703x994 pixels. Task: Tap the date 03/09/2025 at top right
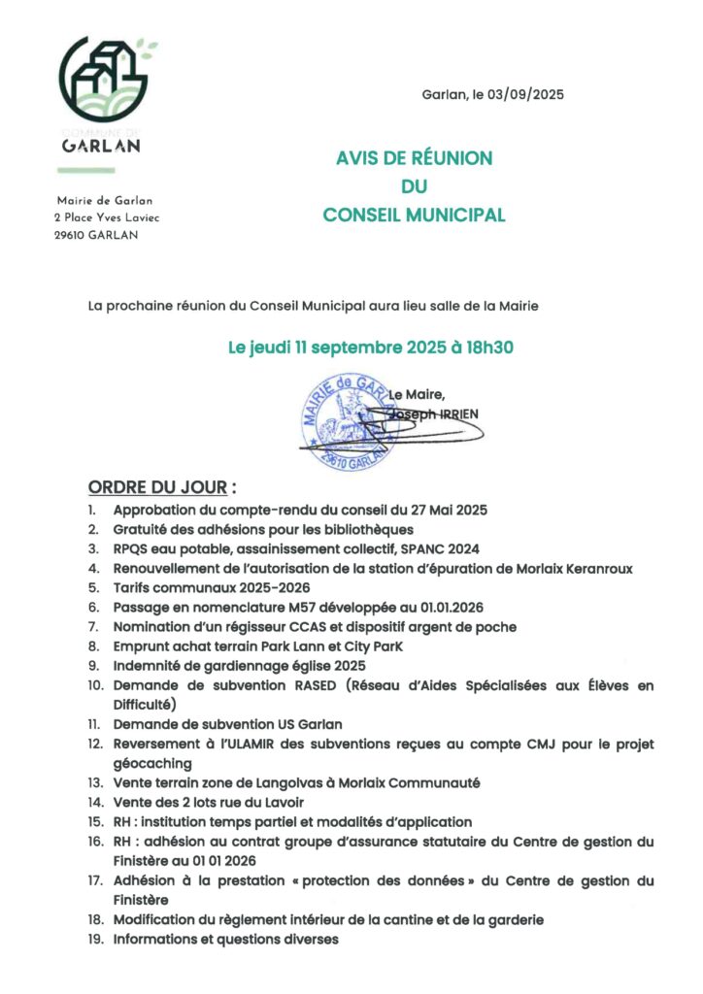pyautogui.click(x=528, y=95)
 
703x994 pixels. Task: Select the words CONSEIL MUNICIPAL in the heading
pyautogui.click(x=414, y=215)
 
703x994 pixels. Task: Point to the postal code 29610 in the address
pyautogui.click(x=71, y=235)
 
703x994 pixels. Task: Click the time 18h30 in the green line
pyautogui.click(x=488, y=348)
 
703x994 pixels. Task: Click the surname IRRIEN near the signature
pyautogui.click(x=456, y=412)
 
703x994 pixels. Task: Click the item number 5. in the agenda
pyautogui.click(x=93, y=587)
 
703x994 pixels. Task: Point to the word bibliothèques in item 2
pyautogui.click(x=360, y=529)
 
